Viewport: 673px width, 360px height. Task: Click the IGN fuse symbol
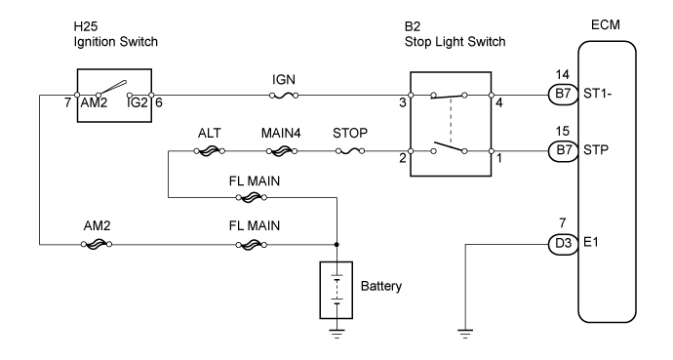click(x=282, y=96)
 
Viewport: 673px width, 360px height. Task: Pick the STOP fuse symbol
click(x=349, y=151)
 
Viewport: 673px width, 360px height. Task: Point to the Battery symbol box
click(x=336, y=290)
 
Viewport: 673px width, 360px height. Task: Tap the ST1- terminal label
click(x=597, y=96)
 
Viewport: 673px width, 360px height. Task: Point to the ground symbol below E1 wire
click(x=465, y=334)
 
